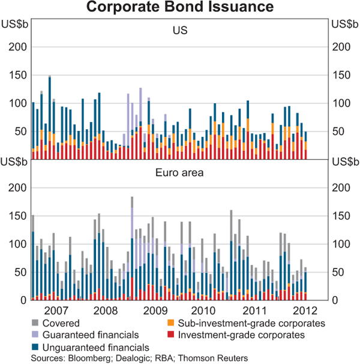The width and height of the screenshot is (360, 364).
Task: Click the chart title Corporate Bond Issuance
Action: (180, 8)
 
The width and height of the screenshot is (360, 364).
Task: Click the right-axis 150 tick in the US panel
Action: (340, 75)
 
